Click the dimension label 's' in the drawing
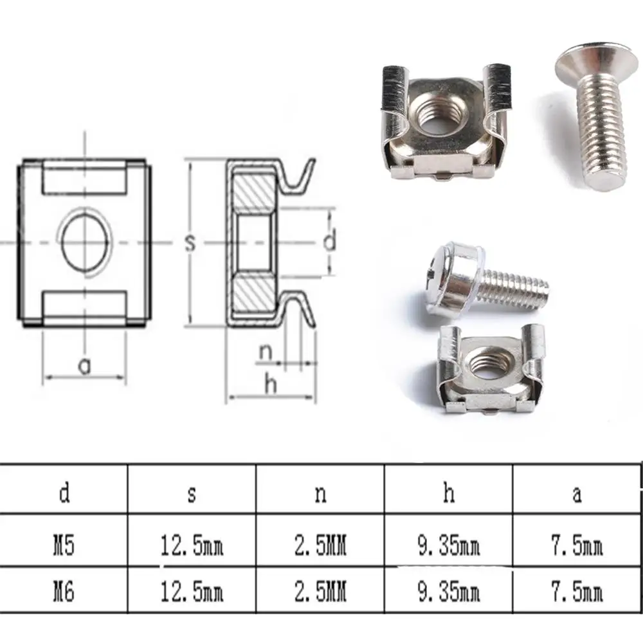point(190,242)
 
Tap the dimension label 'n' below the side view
point(266,352)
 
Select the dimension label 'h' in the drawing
point(271,385)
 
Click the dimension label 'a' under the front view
point(84,365)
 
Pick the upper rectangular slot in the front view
point(84,177)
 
